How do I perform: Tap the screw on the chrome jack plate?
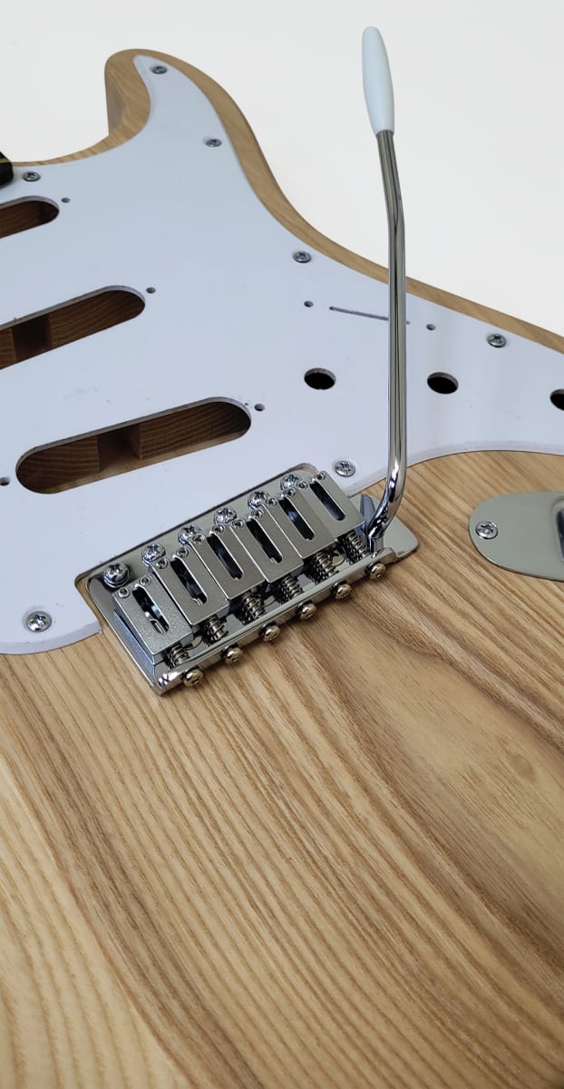pos(486,530)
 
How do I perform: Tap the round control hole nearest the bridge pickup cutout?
pos(319,378)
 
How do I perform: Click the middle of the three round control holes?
pos(442,382)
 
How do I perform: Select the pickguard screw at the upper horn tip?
pos(159,69)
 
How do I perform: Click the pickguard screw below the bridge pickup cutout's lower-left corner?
pos(38,621)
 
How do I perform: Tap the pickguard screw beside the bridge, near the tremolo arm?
pos(345,468)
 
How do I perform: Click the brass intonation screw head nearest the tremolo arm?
pos(375,570)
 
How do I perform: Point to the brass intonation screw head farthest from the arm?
pos(193,676)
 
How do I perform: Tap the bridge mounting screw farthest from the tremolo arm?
pos(116,574)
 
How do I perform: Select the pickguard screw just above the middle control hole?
pos(496,340)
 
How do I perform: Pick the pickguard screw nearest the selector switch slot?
pos(301,257)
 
